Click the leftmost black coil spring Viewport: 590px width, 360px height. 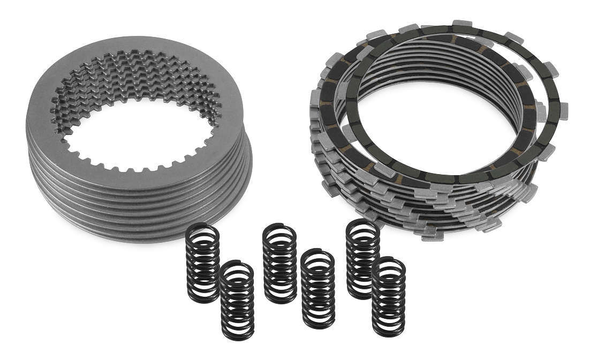click(202, 262)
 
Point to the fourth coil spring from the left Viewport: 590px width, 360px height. click(318, 289)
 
